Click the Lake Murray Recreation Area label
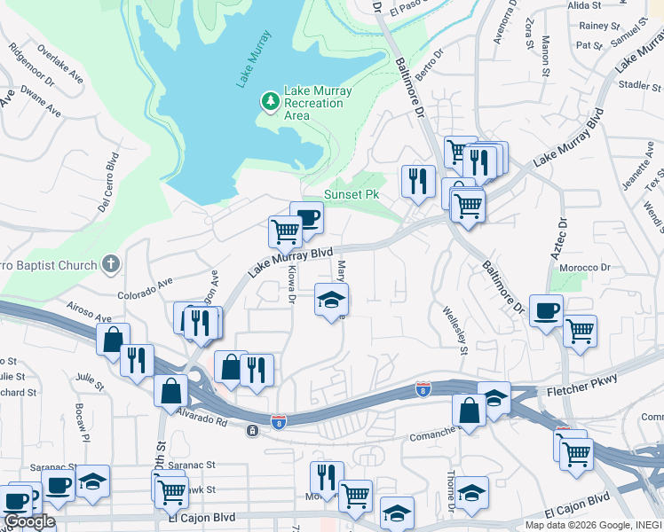click(x=318, y=103)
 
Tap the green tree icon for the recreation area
click(x=270, y=103)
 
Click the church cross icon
click(x=110, y=262)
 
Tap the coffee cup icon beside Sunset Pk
click(x=306, y=217)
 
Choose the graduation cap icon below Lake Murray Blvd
click(x=331, y=300)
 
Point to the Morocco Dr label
click(x=585, y=267)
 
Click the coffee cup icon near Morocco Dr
click(x=544, y=310)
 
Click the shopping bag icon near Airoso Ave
click(x=114, y=339)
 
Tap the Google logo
click(x=29, y=521)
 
